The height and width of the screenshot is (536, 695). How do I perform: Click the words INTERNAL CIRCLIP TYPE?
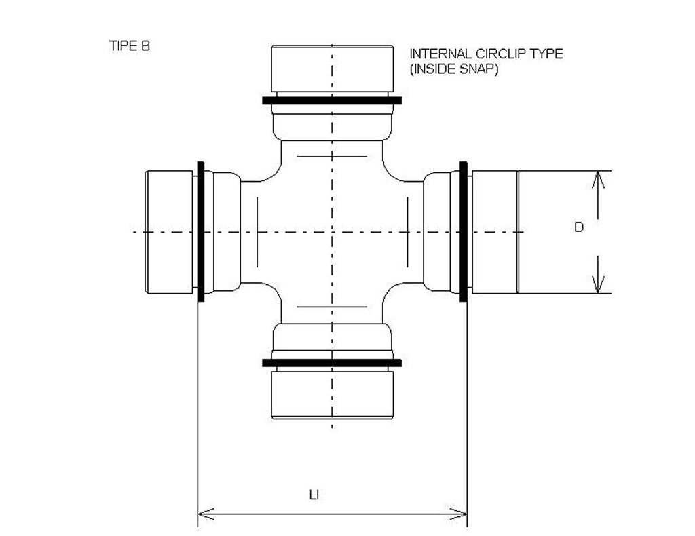486,54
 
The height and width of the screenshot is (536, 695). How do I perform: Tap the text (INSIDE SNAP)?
454,69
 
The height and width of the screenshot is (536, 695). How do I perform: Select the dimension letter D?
578,227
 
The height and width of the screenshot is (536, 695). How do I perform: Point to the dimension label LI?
314,495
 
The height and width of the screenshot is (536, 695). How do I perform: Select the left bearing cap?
169,232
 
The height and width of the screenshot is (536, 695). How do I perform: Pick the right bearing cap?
495,232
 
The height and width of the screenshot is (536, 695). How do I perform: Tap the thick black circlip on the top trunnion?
332,100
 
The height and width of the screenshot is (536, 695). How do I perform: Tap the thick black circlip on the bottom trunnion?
332,363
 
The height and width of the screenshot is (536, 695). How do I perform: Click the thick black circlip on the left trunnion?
201,232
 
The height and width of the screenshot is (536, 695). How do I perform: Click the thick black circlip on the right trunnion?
464,232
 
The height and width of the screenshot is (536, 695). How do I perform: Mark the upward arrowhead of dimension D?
598,178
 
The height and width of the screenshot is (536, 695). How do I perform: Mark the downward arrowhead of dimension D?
598,286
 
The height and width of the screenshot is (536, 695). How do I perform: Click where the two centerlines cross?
332,232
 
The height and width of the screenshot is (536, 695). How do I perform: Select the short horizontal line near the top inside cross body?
332,156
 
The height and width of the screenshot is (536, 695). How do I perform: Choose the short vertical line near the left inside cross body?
257,232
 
